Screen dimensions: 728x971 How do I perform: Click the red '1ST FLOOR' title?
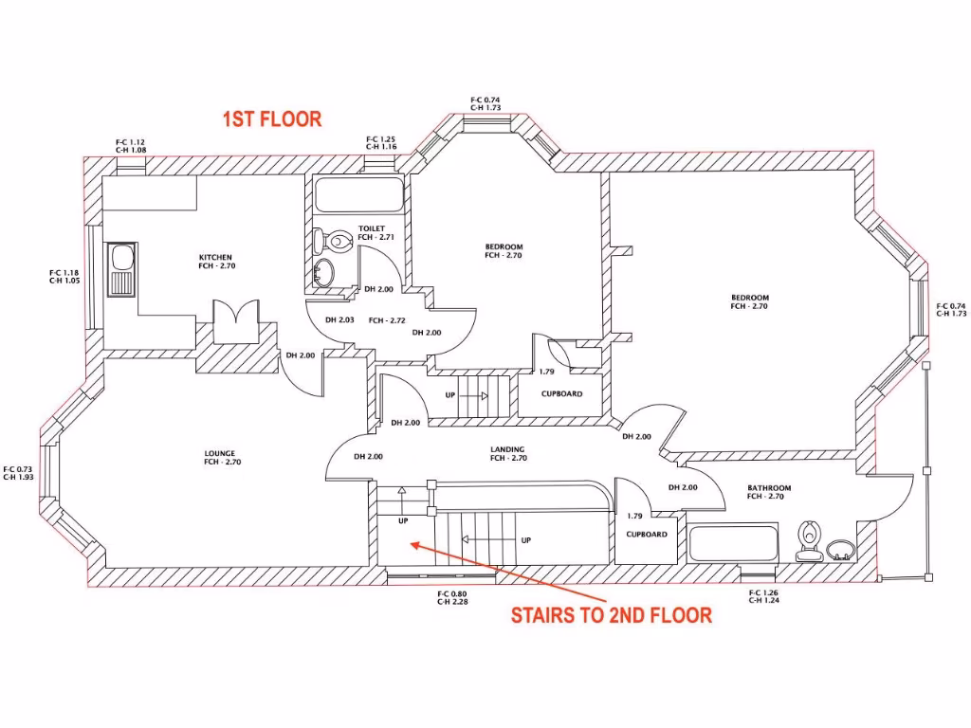(272, 119)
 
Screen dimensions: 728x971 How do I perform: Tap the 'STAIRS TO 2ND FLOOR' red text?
(611, 615)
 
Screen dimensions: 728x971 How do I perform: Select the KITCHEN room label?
(215, 258)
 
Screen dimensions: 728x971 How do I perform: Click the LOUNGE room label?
(219, 453)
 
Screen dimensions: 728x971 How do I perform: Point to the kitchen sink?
(121, 269)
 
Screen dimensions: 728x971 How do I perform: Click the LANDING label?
(507, 449)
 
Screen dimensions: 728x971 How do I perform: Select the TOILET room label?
(372, 228)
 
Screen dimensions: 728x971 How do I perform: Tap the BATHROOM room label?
(768, 488)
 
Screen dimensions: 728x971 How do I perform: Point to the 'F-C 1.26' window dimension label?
(763, 592)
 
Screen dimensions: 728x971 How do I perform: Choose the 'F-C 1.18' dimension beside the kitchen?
(64, 273)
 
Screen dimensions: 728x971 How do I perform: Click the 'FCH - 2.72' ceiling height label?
(387, 320)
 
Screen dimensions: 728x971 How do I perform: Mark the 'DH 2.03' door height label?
(339, 320)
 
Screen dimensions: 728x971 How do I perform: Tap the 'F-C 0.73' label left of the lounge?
(18, 469)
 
